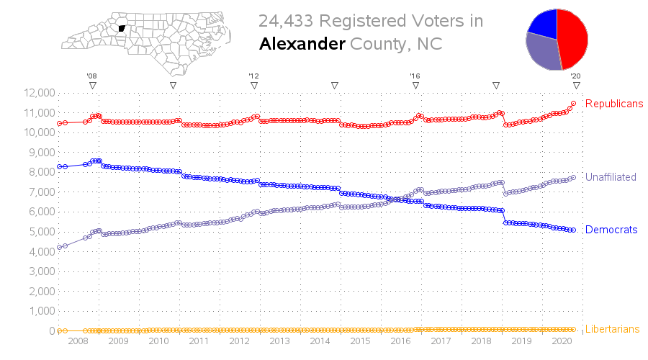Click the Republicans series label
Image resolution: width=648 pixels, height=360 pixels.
pyautogui.click(x=614, y=104)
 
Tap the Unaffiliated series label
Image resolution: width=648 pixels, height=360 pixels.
pyautogui.click(x=611, y=177)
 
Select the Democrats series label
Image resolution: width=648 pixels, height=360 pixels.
pyautogui.click(x=611, y=230)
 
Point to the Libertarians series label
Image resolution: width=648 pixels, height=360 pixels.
pyautogui.click(x=613, y=329)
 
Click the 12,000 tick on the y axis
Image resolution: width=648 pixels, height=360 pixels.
pyautogui.click(x=40, y=93)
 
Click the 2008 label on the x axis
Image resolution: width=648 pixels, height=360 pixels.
pyautogui.click(x=78, y=341)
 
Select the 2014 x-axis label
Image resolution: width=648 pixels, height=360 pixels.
pyautogui.click(x=320, y=341)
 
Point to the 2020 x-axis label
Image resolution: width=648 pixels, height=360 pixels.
pyautogui.click(x=562, y=341)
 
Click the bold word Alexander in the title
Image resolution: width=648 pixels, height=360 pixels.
pyautogui.click(x=302, y=44)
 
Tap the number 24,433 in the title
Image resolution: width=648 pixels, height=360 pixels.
pyautogui.click(x=286, y=21)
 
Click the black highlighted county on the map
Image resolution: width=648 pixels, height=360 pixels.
pyautogui.click(x=122, y=29)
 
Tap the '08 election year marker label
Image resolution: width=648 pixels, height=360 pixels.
pyautogui.click(x=91, y=76)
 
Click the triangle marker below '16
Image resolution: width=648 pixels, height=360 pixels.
pyautogui.click(x=415, y=86)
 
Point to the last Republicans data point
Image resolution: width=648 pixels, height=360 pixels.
pyautogui.click(x=573, y=104)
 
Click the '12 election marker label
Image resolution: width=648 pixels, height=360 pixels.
pyautogui.click(x=253, y=76)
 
